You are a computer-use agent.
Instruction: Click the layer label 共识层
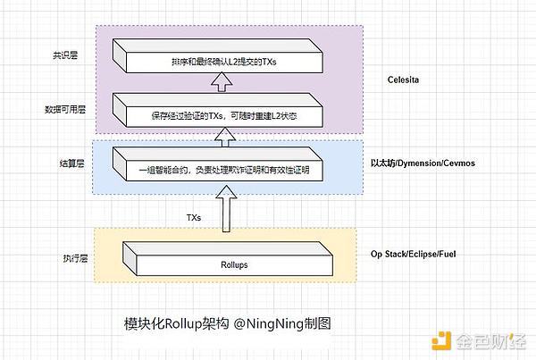pyautogui.click(x=64, y=55)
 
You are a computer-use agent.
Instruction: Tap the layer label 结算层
pyautogui.click(x=64, y=163)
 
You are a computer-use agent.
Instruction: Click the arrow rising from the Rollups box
pyautogui.click(x=225, y=213)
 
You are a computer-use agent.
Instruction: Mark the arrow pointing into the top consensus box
pyautogui.click(x=221, y=83)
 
